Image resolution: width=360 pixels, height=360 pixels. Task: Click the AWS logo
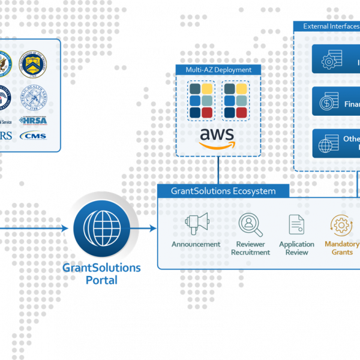[217, 138]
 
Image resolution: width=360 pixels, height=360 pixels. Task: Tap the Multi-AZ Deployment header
[218, 70]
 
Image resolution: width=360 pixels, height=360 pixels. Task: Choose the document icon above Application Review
[296, 224]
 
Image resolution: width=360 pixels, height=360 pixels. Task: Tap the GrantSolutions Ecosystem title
[223, 191]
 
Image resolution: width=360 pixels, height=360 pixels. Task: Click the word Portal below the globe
[101, 280]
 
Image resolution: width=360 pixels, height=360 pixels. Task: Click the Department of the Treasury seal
[34, 62]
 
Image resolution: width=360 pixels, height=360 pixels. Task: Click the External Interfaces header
[329, 26]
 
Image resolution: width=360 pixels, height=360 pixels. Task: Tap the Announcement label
[196, 244]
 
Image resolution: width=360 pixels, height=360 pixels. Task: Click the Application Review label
[296, 248]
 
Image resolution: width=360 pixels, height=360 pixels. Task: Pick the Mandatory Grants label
[342, 248]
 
